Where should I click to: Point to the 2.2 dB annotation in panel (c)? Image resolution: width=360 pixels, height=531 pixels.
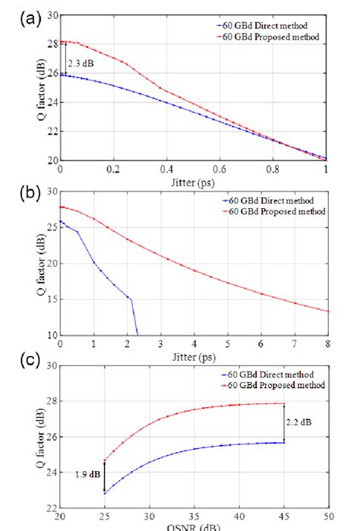click(298, 420)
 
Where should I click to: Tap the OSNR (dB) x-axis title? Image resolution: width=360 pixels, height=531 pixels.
click(193, 527)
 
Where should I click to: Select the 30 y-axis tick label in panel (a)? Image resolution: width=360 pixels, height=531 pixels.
click(50, 15)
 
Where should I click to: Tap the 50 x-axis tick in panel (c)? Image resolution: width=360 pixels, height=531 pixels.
click(329, 517)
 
